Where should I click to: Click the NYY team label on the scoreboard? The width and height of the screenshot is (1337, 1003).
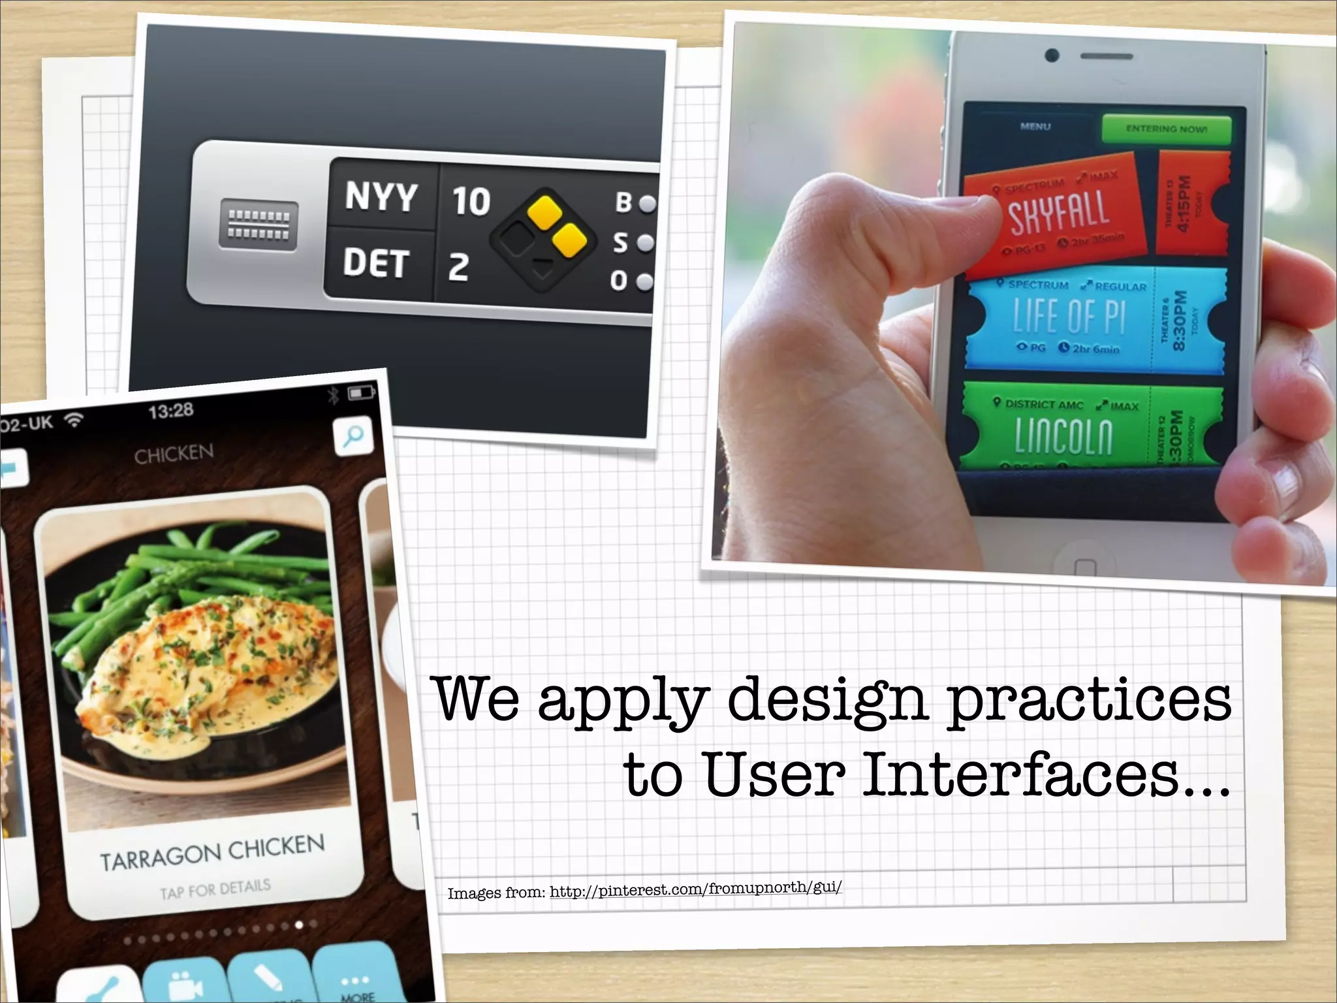tap(381, 196)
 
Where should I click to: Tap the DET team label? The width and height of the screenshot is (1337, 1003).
tap(376, 263)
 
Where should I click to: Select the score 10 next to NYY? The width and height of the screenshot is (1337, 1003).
tap(471, 200)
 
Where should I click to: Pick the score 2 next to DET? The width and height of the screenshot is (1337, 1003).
tap(458, 267)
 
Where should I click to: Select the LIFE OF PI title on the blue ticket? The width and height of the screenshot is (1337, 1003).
tap(1069, 317)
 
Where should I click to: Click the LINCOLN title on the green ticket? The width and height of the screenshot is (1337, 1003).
tap(1063, 436)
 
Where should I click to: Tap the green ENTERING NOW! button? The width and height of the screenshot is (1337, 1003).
tap(1166, 129)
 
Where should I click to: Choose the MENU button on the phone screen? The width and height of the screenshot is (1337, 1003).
tap(1035, 126)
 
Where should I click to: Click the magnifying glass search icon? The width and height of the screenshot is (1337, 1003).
tap(353, 436)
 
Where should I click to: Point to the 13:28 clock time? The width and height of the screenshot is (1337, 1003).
tap(171, 411)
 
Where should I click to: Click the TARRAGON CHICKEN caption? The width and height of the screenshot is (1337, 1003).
tap(212, 853)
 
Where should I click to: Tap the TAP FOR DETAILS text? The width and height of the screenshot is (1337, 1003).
tap(215, 889)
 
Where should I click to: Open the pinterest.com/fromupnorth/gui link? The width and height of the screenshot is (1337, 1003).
tap(695, 889)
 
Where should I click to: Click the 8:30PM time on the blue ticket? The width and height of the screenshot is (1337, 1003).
tap(1179, 320)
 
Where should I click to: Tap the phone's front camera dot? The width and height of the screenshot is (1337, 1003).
tap(1052, 56)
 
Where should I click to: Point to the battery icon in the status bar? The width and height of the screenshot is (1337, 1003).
tap(361, 392)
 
